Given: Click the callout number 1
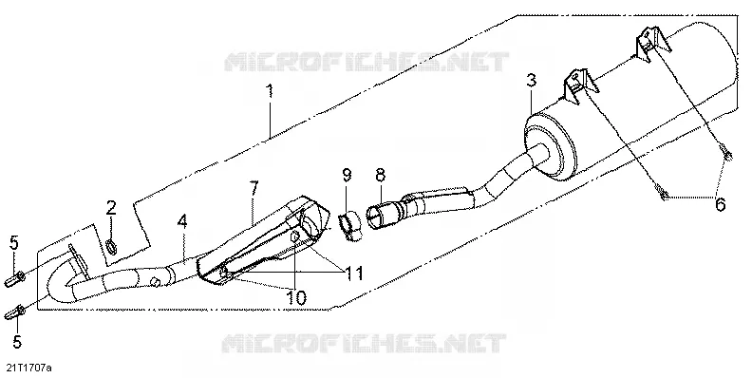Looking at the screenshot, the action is tap(270, 91).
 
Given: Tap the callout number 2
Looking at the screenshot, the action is tap(111, 208).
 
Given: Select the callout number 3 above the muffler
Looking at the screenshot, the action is tap(531, 80).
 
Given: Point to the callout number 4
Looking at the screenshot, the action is tap(182, 222).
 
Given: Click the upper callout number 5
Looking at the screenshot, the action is tap(14, 243).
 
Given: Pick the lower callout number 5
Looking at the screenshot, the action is tap(17, 342).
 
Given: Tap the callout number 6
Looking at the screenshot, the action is tap(720, 204).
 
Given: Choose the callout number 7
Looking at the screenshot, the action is tap(254, 188).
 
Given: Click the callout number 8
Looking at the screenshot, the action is tap(380, 175).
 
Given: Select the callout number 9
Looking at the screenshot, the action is tap(347, 175).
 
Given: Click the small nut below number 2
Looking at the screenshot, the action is tap(111, 248).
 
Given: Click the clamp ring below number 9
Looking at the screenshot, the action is tap(350, 223).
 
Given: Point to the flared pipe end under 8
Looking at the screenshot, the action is tap(379, 215).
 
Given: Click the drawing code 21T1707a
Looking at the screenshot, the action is tap(28, 368).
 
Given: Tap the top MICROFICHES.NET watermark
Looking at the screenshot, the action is tap(367, 63).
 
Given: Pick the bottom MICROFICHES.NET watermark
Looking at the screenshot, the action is tap(364, 344).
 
